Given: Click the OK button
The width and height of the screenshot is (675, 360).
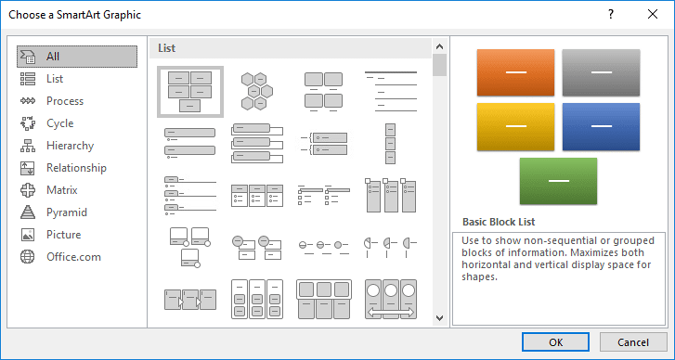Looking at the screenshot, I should click(555, 341).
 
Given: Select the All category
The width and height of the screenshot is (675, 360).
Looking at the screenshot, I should click(53, 57).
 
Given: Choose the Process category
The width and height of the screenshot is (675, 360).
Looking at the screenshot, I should click(64, 101).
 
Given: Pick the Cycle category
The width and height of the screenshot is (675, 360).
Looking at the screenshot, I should click(59, 123).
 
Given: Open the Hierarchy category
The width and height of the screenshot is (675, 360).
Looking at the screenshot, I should click(70, 146).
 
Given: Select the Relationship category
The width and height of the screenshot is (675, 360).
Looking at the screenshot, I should click(76, 168).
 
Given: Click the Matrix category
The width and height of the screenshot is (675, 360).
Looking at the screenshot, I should click(61, 190).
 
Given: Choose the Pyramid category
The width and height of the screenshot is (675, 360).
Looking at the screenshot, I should click(66, 212).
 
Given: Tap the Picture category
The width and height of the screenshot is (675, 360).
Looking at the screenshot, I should click(63, 235).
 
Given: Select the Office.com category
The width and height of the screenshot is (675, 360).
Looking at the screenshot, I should click(73, 257).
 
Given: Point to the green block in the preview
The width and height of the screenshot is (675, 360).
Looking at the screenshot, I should click(557, 180).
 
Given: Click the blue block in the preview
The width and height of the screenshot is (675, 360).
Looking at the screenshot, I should click(601, 126).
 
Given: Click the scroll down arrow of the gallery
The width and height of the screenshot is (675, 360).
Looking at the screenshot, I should click(439, 318).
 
